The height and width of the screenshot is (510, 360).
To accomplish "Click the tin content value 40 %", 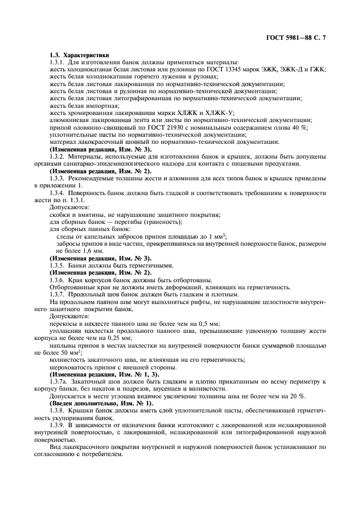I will [x=300, y=126].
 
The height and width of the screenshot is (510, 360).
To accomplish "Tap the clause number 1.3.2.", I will [x=58, y=156].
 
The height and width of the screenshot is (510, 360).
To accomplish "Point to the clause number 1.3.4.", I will [x=58, y=192].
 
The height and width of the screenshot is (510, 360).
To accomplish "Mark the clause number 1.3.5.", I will [x=58, y=265].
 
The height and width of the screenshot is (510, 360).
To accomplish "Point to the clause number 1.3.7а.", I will [x=60, y=381].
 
